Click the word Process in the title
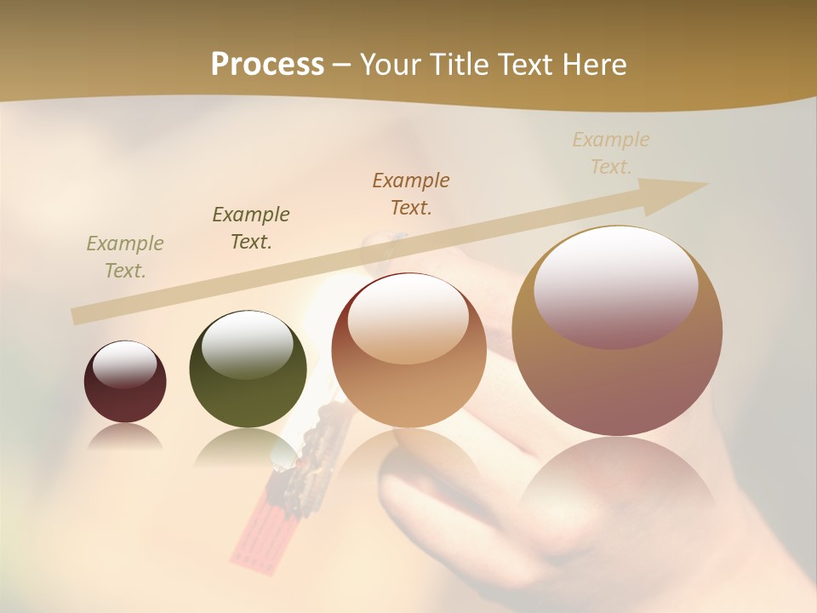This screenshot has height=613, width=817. pos(267,65)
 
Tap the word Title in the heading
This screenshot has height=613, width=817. pos(460,65)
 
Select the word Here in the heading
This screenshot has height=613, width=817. pos(593,65)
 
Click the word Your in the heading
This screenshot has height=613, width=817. pos(391,65)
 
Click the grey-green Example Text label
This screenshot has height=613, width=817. pos(125,257)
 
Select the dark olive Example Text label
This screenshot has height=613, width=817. pos(251,228)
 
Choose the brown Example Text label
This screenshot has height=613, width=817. pos(411,193)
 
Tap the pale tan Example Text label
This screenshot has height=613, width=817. pos(611,152)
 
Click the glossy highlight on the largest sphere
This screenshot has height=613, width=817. pos(615,285)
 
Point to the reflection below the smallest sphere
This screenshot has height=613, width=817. pos(125,437)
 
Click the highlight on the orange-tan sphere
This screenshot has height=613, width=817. pos(408,318)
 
